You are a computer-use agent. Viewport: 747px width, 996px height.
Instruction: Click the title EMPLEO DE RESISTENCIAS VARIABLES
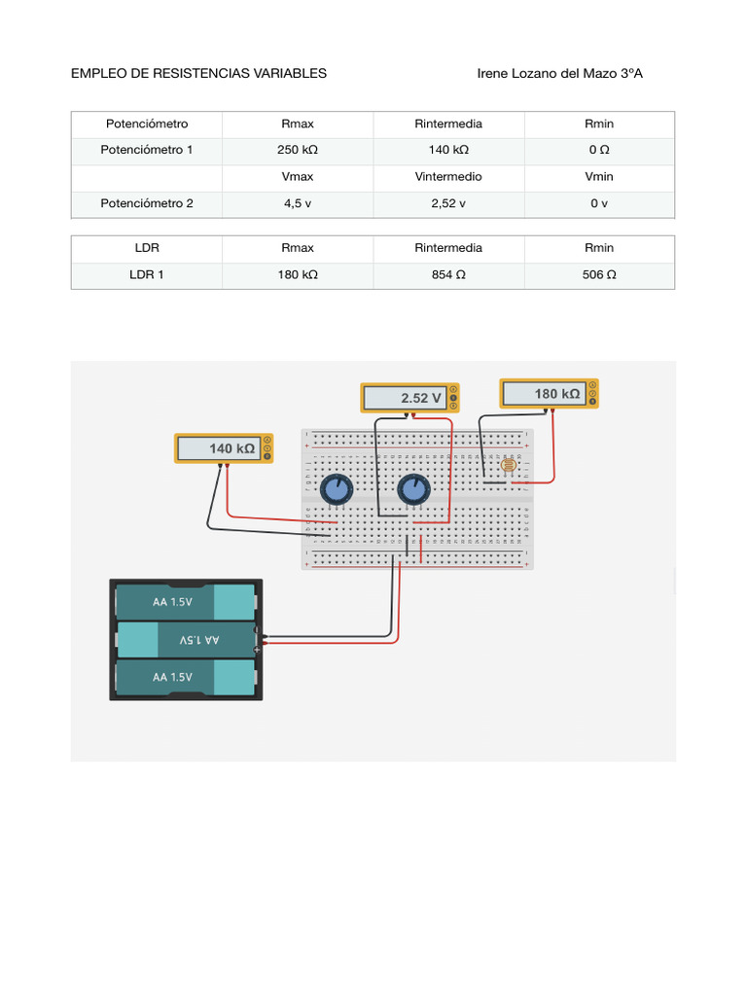198,73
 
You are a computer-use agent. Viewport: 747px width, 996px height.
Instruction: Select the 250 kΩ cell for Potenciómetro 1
298,151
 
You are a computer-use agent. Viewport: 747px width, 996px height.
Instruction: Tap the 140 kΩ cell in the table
448,151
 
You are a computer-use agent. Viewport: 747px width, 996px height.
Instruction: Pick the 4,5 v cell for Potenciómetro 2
298,204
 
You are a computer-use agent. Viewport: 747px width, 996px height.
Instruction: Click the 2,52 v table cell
448,204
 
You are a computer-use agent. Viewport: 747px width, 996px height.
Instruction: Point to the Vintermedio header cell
448,177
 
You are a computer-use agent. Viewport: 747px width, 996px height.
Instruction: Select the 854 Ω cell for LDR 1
448,275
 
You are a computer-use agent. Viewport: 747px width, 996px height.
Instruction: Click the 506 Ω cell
599,275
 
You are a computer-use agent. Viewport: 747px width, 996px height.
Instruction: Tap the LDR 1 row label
147,275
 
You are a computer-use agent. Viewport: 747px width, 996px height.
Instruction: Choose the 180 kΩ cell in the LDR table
298,275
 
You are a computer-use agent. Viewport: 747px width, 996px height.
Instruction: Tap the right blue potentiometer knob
412,489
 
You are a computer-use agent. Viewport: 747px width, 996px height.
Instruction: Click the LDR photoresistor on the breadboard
507,467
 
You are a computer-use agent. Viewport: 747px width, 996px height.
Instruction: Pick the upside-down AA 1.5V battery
185,640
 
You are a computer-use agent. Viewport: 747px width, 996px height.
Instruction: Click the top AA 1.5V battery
185,601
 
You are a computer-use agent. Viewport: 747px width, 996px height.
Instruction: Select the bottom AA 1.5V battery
185,677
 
